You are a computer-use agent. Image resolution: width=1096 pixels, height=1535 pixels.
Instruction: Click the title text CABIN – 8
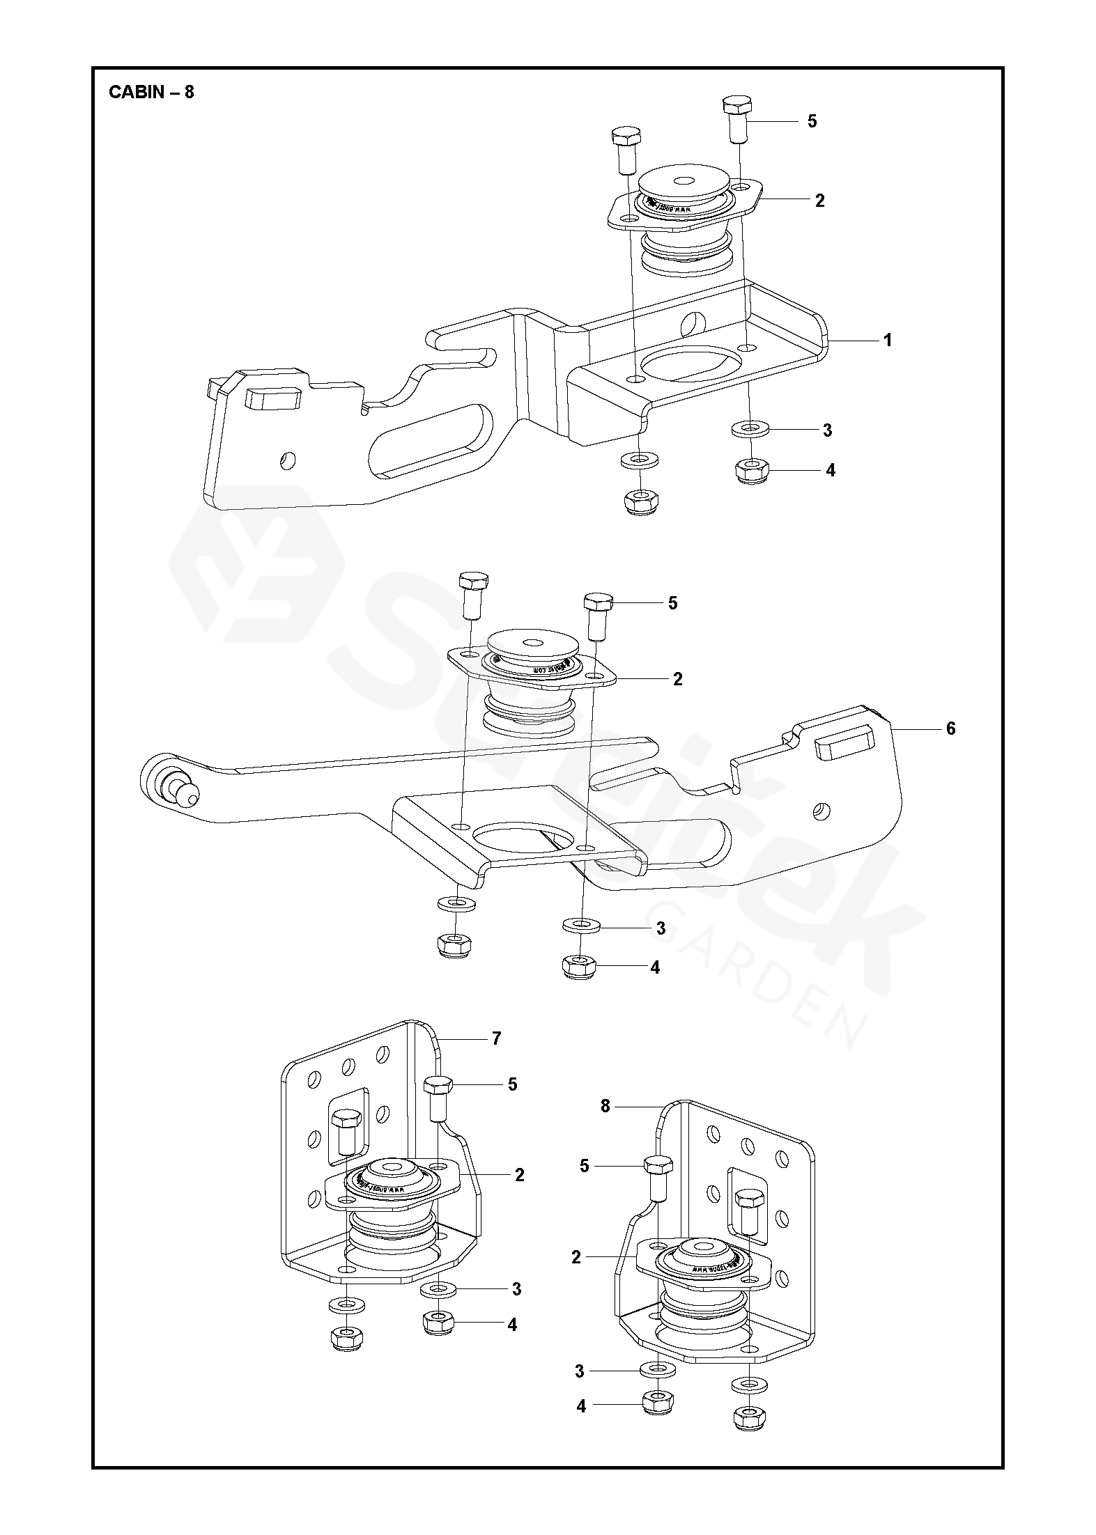coord(151,92)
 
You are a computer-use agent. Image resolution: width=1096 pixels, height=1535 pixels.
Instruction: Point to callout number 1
coord(888,340)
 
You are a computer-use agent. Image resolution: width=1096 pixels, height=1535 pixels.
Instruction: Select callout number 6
coord(950,728)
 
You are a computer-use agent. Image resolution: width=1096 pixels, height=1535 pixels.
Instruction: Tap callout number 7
coord(496,1058)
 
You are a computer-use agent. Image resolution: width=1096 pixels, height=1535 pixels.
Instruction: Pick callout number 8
coord(605,1125)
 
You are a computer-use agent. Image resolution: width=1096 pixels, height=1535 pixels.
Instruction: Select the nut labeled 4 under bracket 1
coord(750,470)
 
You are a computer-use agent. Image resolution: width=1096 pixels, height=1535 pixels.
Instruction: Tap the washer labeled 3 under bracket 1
coord(750,430)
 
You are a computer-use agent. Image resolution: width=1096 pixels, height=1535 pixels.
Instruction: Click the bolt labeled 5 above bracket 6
coord(598,613)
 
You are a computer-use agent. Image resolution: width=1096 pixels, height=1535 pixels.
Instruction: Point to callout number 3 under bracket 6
coord(660,928)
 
